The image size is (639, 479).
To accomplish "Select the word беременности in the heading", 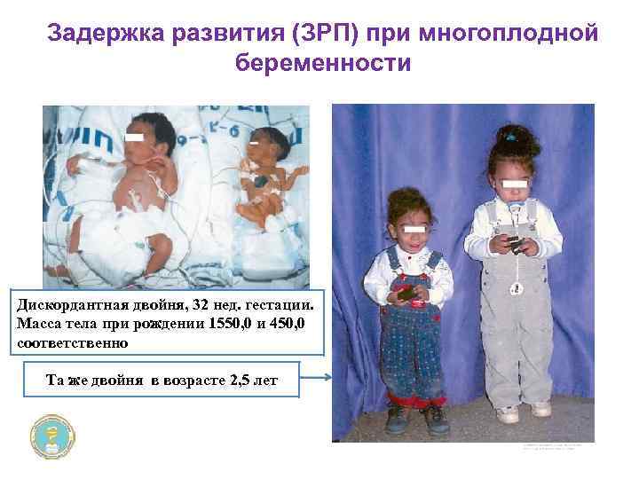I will tap(324, 64).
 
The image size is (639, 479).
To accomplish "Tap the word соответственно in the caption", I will tap(72, 342).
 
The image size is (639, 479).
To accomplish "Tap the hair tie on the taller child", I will tap(508, 137).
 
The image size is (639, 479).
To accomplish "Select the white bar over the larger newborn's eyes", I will tap(133, 137).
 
